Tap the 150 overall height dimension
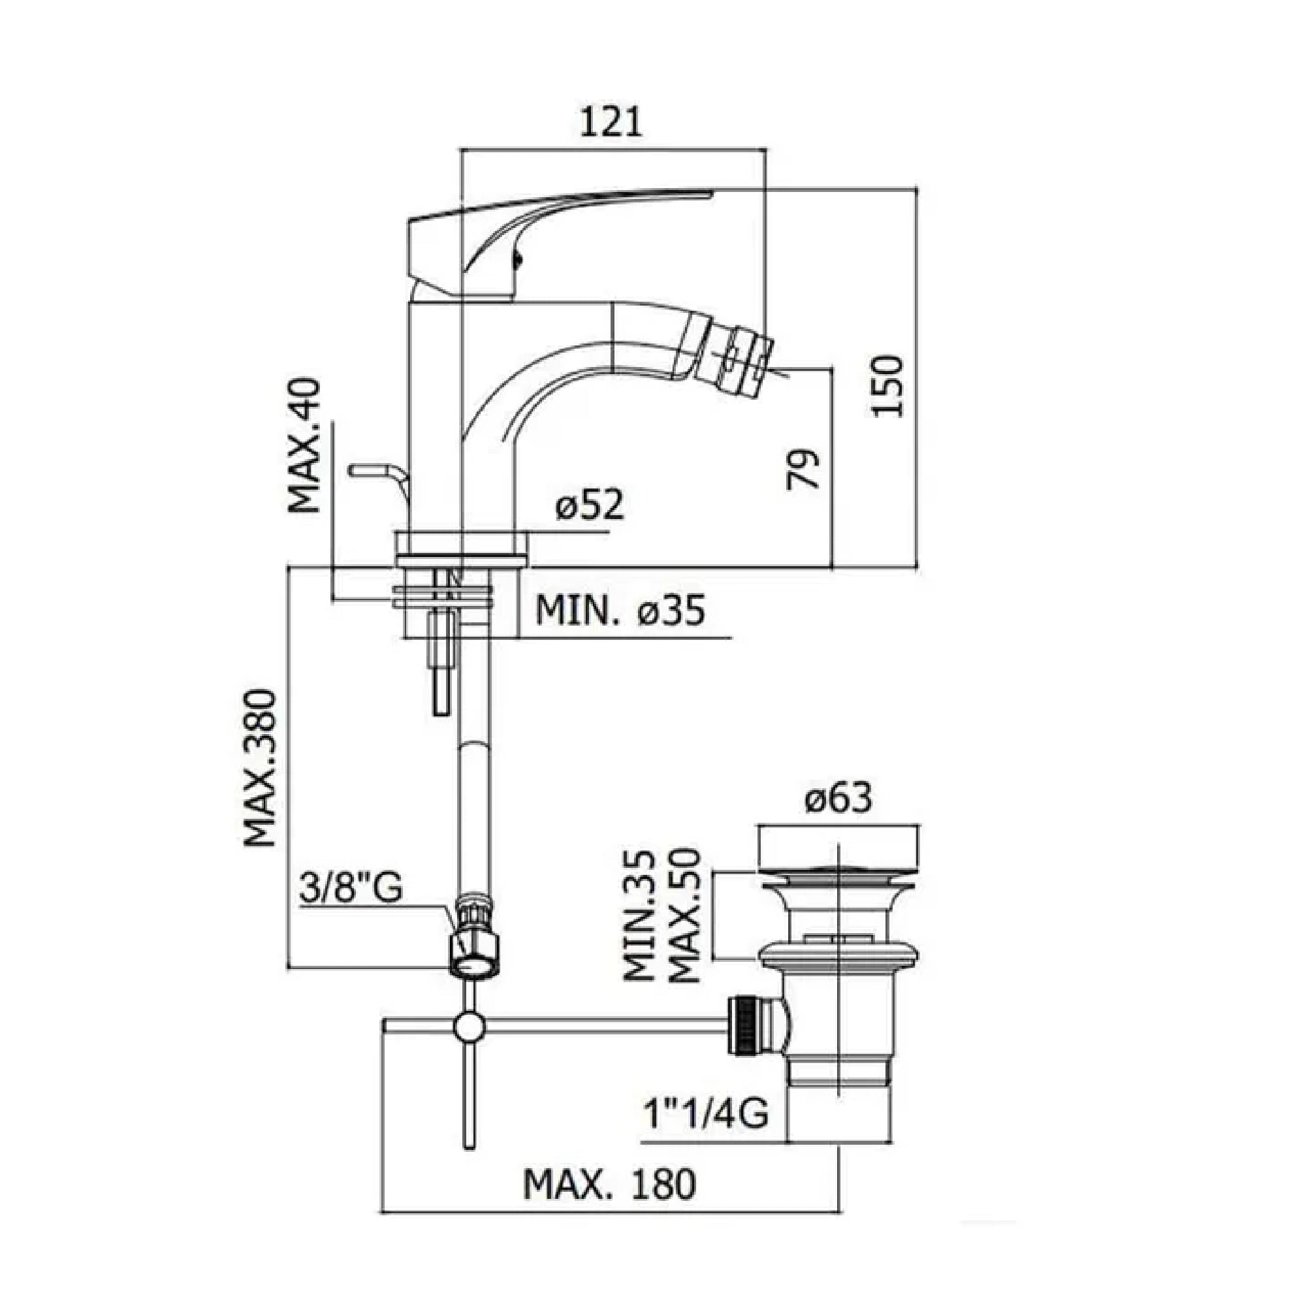[887, 386]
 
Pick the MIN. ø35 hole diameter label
[620, 611]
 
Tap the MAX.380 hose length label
[261, 767]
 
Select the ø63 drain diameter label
[838, 799]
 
